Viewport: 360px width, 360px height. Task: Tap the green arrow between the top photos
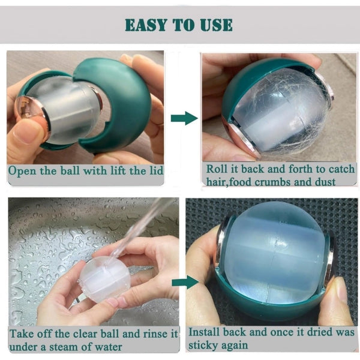point(184,118)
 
